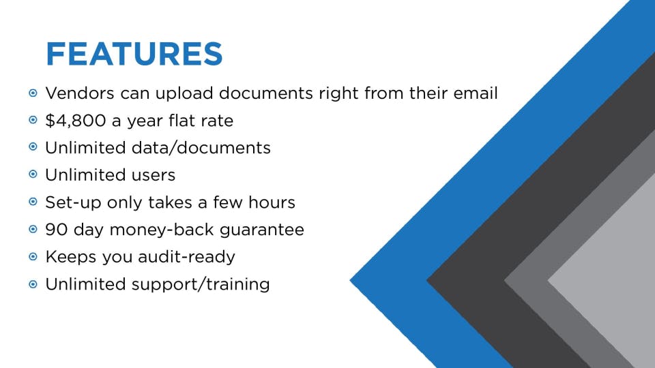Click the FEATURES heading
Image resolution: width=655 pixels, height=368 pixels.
(134, 54)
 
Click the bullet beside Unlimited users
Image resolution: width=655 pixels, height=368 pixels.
(33, 175)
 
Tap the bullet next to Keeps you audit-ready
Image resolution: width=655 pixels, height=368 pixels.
(33, 257)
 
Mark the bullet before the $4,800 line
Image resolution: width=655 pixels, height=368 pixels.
(33, 121)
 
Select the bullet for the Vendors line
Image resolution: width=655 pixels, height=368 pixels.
(33, 93)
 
